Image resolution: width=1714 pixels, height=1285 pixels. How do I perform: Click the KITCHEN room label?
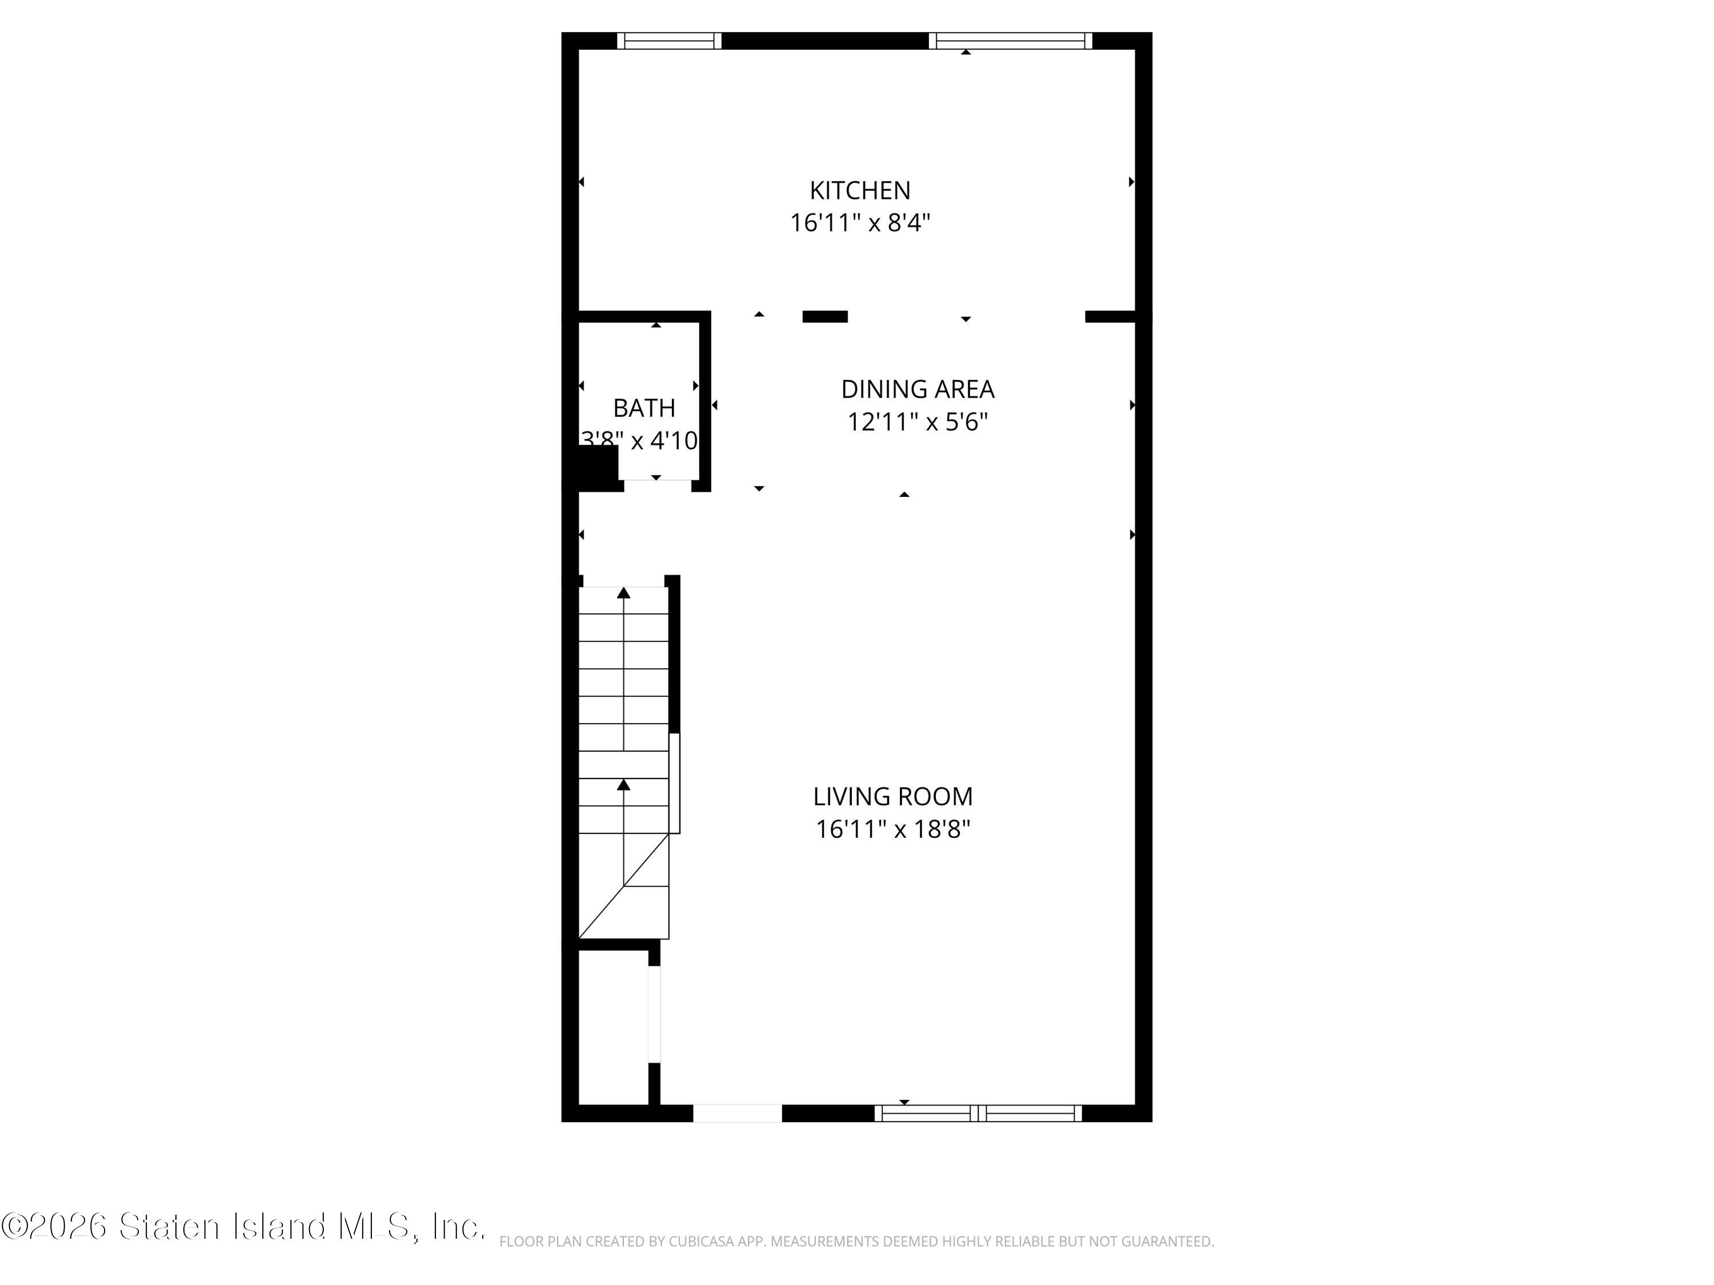pos(859,191)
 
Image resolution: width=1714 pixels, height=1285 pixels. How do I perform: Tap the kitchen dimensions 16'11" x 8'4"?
pos(859,223)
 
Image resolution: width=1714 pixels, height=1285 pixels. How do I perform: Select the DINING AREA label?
pos(918,389)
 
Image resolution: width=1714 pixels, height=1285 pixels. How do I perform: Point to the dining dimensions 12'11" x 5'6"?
pos(918,422)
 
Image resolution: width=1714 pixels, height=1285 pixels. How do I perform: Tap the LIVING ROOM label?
pos(892,796)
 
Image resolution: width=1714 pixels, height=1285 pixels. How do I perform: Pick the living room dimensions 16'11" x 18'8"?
pos(892,830)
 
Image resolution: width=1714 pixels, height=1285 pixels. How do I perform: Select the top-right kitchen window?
pos(1011,41)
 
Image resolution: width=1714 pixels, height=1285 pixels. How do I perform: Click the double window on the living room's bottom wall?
pos(979,1113)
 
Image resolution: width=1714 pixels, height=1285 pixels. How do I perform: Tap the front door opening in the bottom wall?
pos(737,1113)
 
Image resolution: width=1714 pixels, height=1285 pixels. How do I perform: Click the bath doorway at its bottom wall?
pos(657,485)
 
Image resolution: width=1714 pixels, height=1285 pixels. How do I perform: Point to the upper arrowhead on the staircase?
pos(624,593)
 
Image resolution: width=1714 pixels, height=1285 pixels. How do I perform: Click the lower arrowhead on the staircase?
pos(624,785)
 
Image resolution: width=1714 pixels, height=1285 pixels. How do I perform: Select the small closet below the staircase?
pos(613,1026)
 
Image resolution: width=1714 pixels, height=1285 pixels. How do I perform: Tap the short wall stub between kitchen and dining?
pos(824,316)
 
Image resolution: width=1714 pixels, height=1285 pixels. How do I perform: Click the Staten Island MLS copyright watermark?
pos(243,1227)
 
